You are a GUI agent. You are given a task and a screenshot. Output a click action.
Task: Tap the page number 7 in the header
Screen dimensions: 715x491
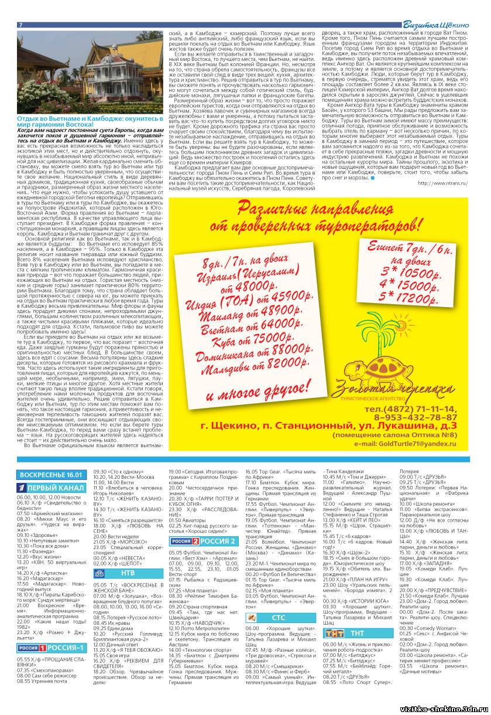point(21,25)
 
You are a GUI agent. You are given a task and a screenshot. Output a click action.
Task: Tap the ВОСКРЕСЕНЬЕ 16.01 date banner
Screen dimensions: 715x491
point(50,474)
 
